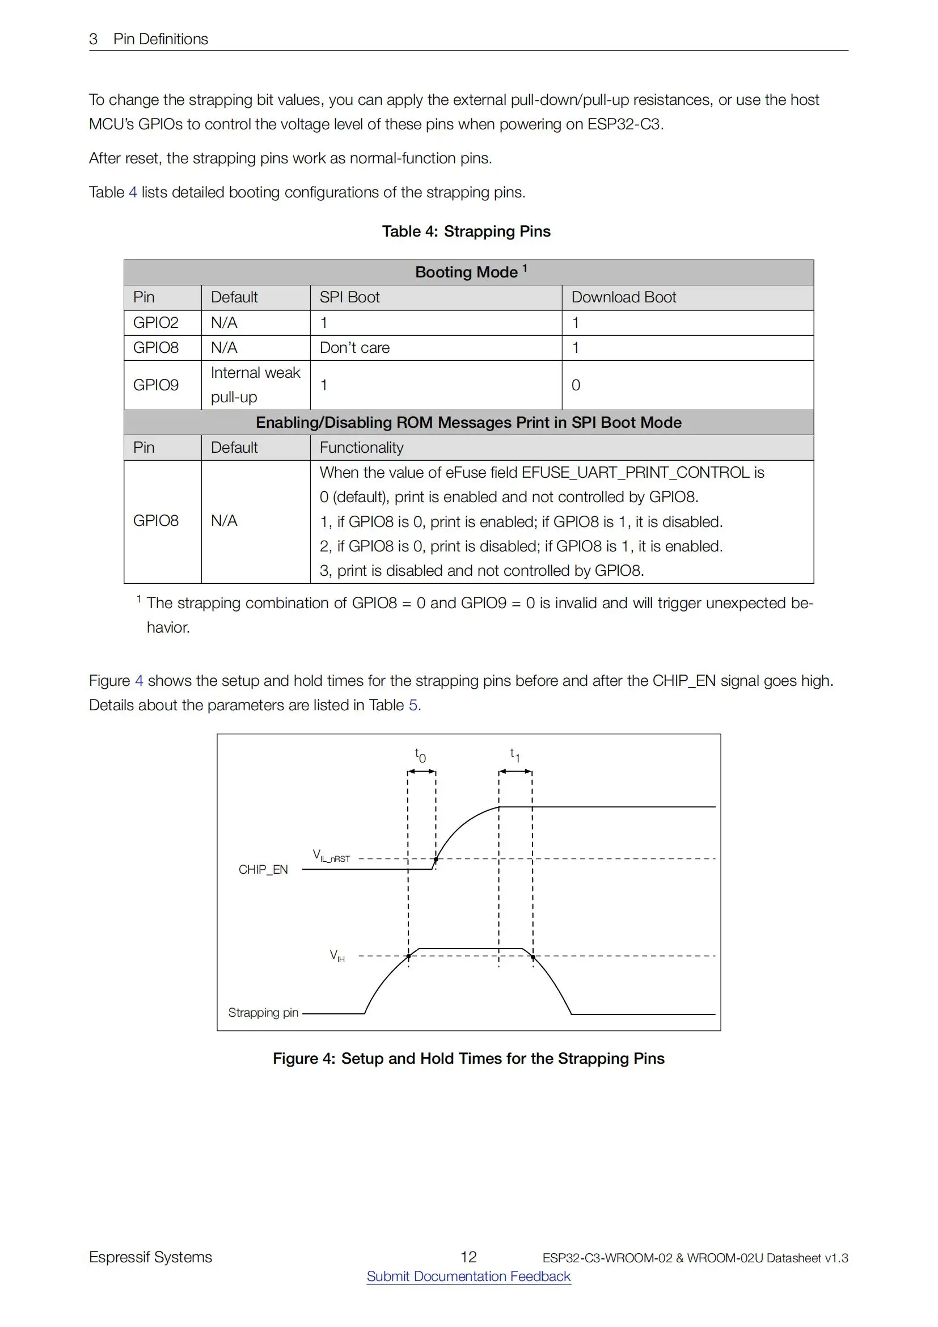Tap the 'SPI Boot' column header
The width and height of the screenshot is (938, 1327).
pos(349,297)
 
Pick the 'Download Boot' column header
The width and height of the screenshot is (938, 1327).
pos(623,297)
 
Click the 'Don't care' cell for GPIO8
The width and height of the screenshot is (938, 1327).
pos(354,347)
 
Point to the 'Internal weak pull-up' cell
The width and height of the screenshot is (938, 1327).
pos(255,385)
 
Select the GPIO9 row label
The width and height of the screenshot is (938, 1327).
pos(156,385)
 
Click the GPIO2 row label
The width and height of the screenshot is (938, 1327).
pos(156,322)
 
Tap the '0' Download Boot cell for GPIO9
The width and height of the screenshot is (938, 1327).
pos(576,385)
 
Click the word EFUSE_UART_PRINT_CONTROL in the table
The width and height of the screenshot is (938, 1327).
pos(635,472)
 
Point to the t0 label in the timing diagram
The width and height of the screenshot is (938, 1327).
pos(420,755)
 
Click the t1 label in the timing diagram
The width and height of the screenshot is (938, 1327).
pos(514,755)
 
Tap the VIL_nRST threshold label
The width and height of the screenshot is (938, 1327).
pos(331,856)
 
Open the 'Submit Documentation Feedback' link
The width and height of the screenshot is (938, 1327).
pos(468,1276)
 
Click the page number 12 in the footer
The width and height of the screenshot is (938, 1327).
pos(468,1257)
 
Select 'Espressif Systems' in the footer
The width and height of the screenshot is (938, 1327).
pos(150,1257)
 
